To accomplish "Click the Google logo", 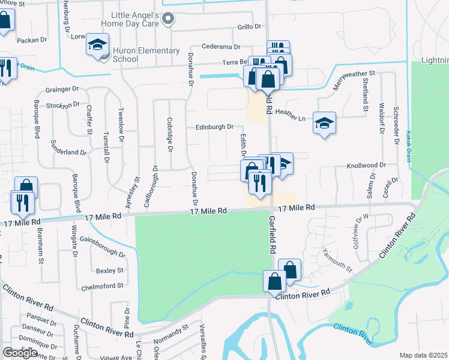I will [x=20, y=353].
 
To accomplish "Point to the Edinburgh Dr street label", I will [x=214, y=127].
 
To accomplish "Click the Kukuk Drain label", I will [x=408, y=142].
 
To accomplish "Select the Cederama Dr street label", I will [x=220, y=46].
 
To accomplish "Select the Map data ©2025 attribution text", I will [x=424, y=355].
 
